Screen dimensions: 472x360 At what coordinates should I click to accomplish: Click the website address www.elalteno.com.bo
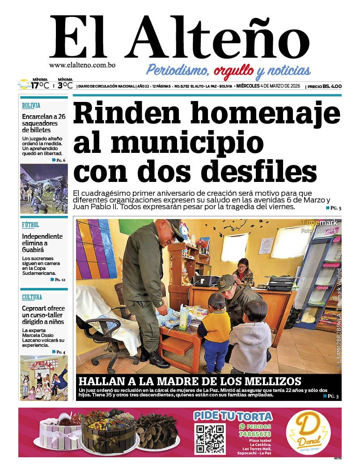pos(82,65)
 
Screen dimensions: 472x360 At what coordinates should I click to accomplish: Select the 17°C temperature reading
pos(39,85)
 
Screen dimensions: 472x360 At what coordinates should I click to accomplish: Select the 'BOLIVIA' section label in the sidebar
pos(31,106)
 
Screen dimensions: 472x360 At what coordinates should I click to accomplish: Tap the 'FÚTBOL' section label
pos(30,225)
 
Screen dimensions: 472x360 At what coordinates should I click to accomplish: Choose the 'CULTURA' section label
pos(32,297)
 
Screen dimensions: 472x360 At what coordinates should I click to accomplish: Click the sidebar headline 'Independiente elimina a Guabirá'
pos(42,243)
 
